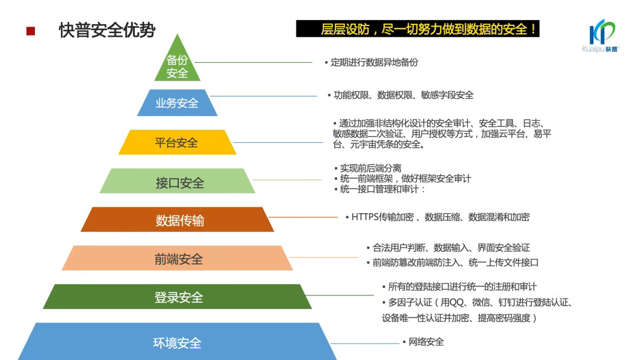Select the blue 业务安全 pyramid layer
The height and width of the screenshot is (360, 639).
(x=177, y=103)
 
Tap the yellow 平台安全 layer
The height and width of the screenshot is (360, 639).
(x=177, y=142)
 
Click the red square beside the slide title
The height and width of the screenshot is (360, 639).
(x=31, y=31)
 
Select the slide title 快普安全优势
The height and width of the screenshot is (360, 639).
(x=107, y=30)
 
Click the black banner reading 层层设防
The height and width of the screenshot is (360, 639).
(x=418, y=29)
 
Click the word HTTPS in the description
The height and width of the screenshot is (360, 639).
(x=364, y=217)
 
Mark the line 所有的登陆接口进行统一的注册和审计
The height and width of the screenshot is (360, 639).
(x=461, y=287)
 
